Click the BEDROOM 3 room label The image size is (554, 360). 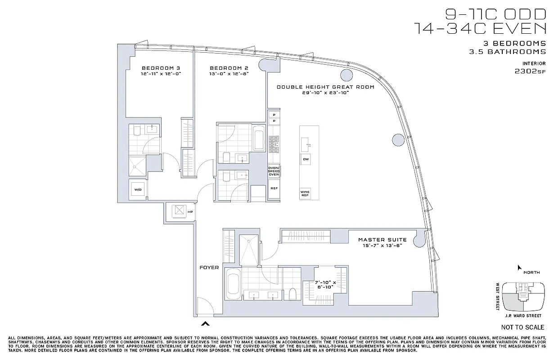(x=160, y=67)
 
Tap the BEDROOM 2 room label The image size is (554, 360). (x=229, y=67)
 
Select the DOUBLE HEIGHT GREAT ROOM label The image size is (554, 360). (x=325, y=87)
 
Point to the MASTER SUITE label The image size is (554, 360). (x=382, y=240)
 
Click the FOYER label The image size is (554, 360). (x=209, y=267)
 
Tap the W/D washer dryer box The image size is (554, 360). (x=137, y=189)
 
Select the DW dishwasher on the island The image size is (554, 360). (x=306, y=159)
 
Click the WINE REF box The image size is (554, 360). (x=305, y=193)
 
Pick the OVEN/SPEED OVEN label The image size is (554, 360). (x=274, y=171)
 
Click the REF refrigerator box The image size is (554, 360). (x=273, y=188)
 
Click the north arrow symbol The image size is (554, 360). (x=519, y=267)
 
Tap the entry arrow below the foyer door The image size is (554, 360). (x=206, y=323)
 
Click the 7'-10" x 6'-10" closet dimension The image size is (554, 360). (x=325, y=284)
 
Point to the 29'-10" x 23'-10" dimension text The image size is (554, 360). (x=325, y=93)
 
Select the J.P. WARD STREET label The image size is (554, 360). (x=522, y=315)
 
